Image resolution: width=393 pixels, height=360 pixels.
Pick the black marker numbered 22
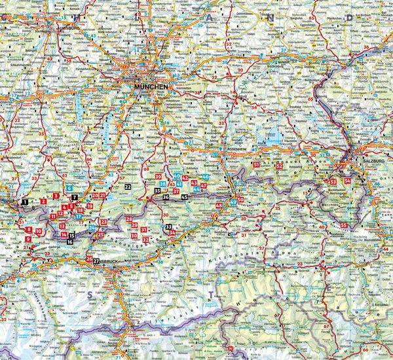(x=128, y=187)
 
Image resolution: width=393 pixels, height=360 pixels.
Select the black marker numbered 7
(x=75, y=197)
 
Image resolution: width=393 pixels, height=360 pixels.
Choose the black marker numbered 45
(x=185, y=197)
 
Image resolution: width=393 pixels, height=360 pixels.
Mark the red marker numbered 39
(x=159, y=177)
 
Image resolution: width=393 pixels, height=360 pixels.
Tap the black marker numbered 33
(x=168, y=226)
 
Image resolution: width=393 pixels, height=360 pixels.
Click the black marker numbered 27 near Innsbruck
(x=96, y=261)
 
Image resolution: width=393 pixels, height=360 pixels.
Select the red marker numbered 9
(x=28, y=240)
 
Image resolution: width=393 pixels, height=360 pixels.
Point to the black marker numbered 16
(x=70, y=242)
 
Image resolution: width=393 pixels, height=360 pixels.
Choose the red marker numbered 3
(x=56, y=196)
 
